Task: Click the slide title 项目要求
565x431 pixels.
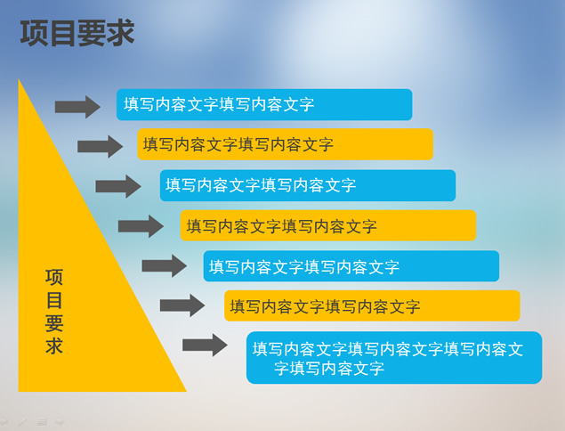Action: coord(77,33)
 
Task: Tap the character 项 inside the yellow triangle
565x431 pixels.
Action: coord(54,277)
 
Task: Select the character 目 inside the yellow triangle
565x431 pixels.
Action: coord(54,300)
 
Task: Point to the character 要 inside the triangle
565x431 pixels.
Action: coord(54,323)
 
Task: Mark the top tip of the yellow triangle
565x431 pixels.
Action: coord(20,82)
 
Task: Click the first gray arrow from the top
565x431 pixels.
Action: coord(77,107)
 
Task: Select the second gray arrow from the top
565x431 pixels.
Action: coord(100,146)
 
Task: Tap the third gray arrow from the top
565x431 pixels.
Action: coord(118,186)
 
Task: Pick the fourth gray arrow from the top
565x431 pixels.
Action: coord(141,226)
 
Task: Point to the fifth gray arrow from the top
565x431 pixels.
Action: coord(164,265)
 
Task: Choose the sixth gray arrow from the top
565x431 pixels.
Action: coord(182,305)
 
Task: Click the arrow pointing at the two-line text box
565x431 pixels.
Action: coord(205,346)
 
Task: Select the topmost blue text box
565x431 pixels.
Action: coord(264,104)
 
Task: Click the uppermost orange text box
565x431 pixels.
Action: coord(285,144)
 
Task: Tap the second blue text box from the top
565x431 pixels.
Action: coord(308,185)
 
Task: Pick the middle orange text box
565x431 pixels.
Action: coord(328,225)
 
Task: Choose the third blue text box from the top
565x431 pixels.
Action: coord(351,266)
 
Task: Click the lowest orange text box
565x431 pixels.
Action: coord(372,305)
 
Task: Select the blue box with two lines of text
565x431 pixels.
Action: coord(393,357)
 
